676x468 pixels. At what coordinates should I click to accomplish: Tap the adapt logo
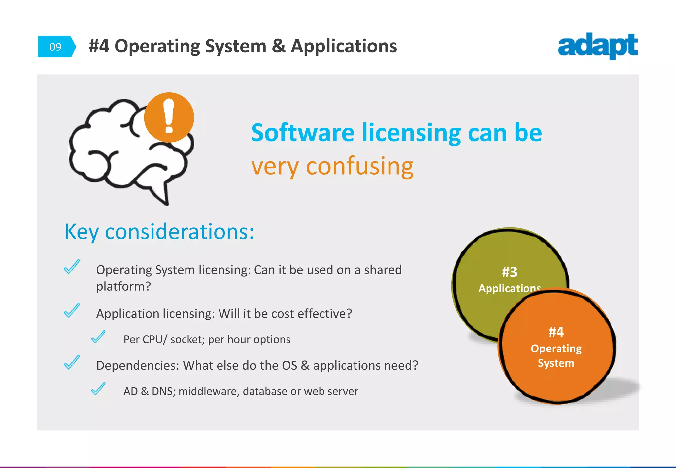pyautogui.click(x=598, y=46)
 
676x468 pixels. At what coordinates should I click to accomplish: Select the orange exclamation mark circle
pyautogui.click(x=169, y=117)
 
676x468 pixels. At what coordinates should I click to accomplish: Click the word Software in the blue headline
pyautogui.click(x=302, y=133)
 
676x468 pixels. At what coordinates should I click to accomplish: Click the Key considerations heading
pyautogui.click(x=159, y=231)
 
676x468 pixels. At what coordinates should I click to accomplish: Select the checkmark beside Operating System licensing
pyautogui.click(x=72, y=267)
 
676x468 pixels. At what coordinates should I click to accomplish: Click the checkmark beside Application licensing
pyautogui.click(x=72, y=310)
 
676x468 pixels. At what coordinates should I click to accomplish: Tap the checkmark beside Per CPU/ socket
pyautogui.click(x=98, y=337)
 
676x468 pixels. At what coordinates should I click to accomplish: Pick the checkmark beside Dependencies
pyautogui.click(x=72, y=362)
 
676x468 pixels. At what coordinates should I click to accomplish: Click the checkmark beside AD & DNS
pyautogui.click(x=98, y=389)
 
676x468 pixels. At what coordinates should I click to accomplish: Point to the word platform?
pyautogui.click(x=123, y=286)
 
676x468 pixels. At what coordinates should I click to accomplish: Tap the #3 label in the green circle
pyautogui.click(x=509, y=272)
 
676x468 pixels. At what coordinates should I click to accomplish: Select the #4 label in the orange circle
pyautogui.click(x=556, y=332)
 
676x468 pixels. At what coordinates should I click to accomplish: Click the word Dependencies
pyautogui.click(x=137, y=366)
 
